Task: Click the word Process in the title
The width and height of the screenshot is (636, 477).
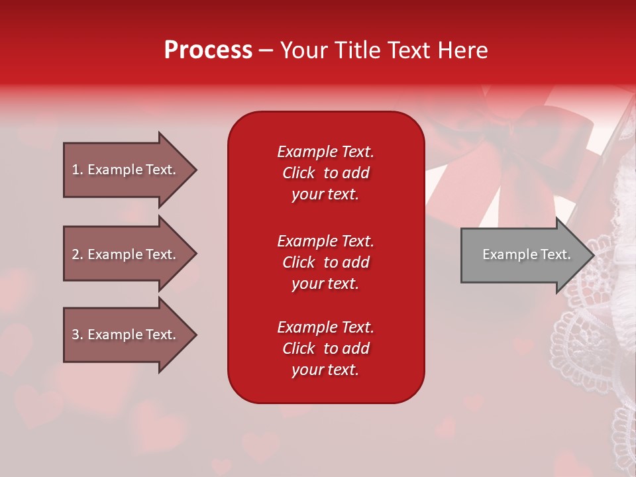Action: (208, 50)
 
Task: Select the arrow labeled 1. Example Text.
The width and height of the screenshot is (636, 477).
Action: (124, 170)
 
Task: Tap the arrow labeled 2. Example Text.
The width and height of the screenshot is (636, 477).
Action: (124, 254)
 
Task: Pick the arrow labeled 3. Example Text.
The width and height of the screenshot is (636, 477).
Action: (124, 335)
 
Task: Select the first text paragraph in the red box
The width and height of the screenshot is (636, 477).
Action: (325, 173)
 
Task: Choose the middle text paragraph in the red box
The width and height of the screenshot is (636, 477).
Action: (325, 262)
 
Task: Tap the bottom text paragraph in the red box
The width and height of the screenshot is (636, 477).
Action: (325, 348)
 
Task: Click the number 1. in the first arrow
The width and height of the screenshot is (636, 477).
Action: (78, 170)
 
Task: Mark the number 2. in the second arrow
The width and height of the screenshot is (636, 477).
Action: (78, 254)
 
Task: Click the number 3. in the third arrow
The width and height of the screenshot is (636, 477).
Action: (78, 335)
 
